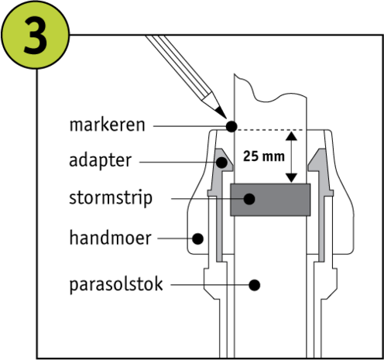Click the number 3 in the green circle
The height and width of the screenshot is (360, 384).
point(36,35)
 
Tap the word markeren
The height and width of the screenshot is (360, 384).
point(107,125)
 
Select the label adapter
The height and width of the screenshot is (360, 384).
point(101,161)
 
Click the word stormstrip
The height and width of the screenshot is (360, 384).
point(111,199)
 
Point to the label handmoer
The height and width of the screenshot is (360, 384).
point(110,238)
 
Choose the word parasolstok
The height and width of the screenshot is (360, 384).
point(116,284)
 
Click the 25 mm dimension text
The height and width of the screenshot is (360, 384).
point(264,156)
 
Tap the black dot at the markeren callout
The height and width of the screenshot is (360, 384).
point(231,126)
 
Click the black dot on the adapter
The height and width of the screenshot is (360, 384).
point(221,163)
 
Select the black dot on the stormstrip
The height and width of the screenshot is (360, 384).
point(249,199)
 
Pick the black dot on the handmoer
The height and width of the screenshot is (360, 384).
point(197,238)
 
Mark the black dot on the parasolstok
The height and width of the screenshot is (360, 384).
point(255,285)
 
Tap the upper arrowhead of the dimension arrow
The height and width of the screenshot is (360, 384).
point(291,136)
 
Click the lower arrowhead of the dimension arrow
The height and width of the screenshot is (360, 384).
point(291,178)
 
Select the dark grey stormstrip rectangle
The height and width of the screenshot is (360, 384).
point(270,200)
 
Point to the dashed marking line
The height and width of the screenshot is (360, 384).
point(270,130)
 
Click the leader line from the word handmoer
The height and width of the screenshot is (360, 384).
point(175,238)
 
